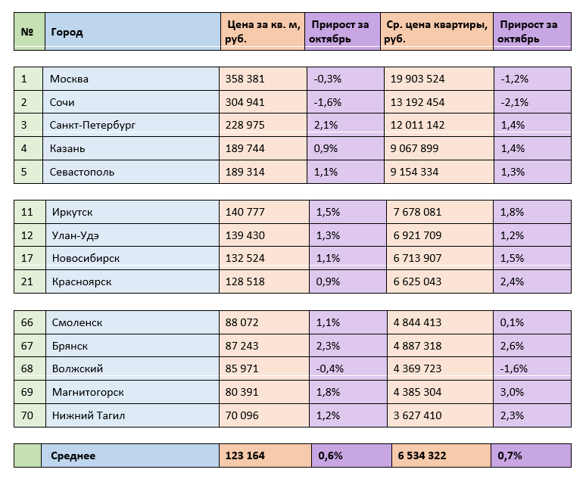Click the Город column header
pos(67,33)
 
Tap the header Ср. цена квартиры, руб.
pos(436,33)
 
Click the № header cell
pos(28,33)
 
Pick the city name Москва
pos(69,79)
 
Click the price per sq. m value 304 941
pos(245,102)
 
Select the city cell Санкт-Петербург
pos(92,125)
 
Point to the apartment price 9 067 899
pos(415,148)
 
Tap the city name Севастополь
pos(82,172)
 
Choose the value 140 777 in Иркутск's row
pos(245,213)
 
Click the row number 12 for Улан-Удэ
pos(28,235)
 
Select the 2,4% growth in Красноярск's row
pos(512,281)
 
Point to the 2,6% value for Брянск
pos(512,346)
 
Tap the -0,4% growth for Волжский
pos(329,368)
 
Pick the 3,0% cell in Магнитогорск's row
pos(512,392)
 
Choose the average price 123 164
pos(245,455)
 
